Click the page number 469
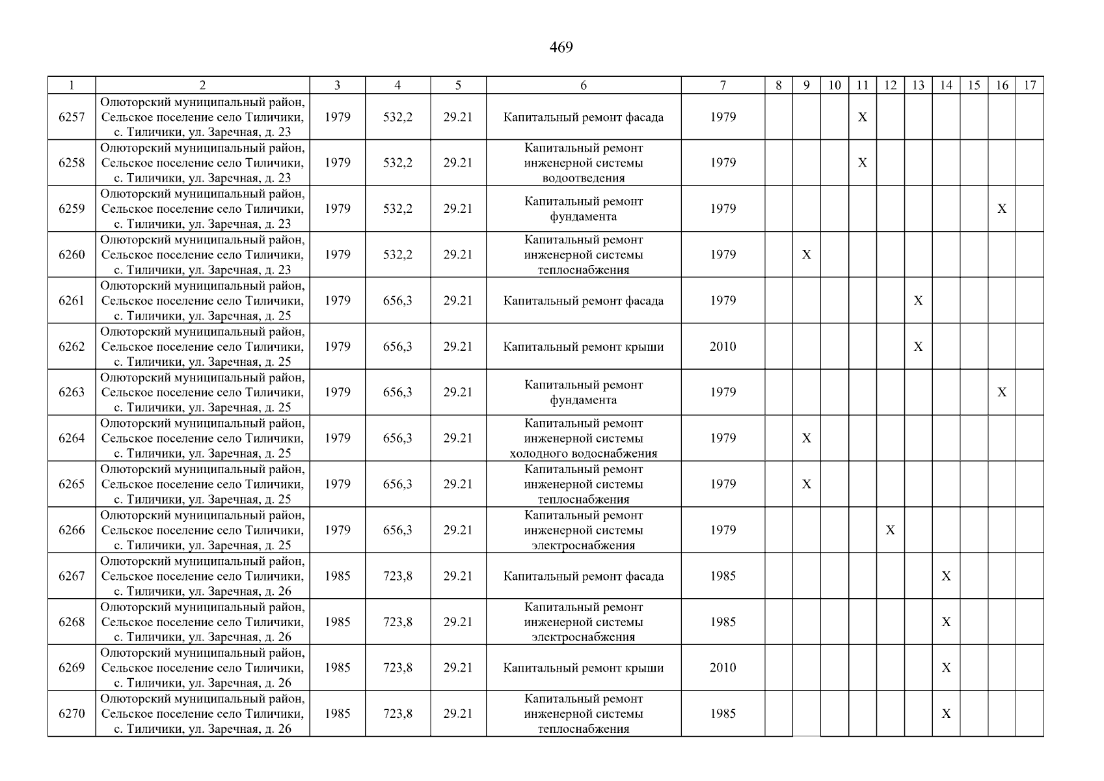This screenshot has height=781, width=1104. pos(561,48)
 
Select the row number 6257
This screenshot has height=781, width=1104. pos(72,117)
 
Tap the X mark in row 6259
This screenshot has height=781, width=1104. pos(1002,209)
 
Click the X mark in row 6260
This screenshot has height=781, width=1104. pos(807,254)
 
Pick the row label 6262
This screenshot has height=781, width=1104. pos(72,346)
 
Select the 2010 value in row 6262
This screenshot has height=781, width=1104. pos(723,346)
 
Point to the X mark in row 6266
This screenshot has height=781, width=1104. pos(891,530)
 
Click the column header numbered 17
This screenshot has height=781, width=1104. pos(1030,85)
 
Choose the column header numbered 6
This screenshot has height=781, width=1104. pos(584,85)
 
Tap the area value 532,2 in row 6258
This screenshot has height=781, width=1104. pos(397,163)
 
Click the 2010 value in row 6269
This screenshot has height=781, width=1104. pos(723,668)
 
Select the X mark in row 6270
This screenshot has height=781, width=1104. pos(947,714)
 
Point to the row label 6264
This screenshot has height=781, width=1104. pos(72,438)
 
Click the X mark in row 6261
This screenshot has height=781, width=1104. pos(918,301)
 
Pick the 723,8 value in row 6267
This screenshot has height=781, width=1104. pos(397,576)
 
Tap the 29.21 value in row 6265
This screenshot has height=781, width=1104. pos(458,484)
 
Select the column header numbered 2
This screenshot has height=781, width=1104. pos(202,85)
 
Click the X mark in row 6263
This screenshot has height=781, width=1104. pos(1002,392)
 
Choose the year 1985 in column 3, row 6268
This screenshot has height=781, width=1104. pos(337,622)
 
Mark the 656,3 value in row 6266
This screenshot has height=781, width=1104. pos(397,530)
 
